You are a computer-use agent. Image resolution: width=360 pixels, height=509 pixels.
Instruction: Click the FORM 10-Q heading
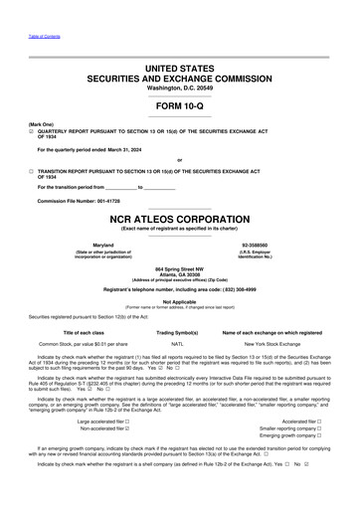(179, 106)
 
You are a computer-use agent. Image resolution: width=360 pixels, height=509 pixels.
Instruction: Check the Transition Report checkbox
(32, 171)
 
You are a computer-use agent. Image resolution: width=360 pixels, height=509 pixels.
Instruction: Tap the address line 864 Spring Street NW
(179, 269)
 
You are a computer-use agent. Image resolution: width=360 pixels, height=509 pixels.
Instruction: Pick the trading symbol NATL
(178, 342)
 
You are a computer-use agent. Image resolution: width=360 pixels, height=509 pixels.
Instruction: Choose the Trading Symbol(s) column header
(179, 331)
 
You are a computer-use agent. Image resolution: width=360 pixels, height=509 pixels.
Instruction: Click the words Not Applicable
(179, 300)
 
